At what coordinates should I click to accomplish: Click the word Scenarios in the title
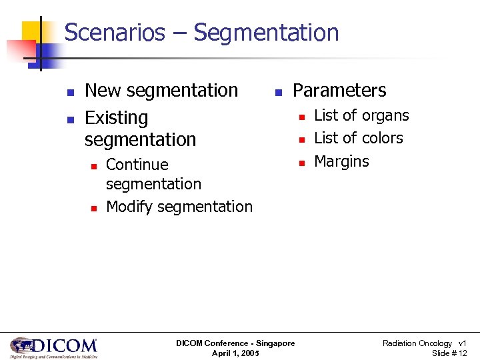[x=115, y=32]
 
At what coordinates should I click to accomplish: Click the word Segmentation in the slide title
[x=267, y=32]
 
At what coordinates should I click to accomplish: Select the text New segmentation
[x=161, y=90]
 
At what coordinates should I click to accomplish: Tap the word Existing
[x=117, y=118]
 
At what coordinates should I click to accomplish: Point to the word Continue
[x=137, y=164]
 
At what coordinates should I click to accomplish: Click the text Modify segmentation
[x=179, y=207]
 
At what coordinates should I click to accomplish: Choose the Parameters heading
[x=339, y=90]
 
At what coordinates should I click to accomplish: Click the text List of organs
[x=361, y=115]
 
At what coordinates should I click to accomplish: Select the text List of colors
[x=359, y=138]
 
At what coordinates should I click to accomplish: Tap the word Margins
[x=341, y=161]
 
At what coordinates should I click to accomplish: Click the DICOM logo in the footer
[x=54, y=347]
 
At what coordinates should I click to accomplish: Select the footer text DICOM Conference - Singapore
[x=235, y=343]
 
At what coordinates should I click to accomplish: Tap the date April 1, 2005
[x=235, y=353]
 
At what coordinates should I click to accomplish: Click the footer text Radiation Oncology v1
[x=424, y=343]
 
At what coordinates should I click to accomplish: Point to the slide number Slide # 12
[x=449, y=353]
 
